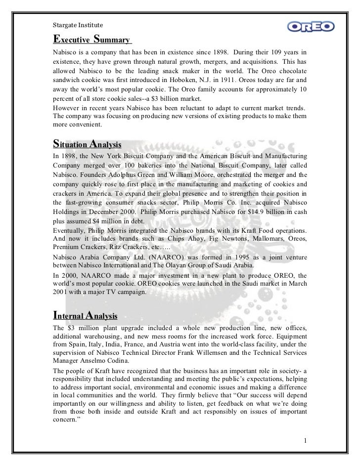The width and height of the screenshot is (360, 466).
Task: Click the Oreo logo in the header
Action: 311,27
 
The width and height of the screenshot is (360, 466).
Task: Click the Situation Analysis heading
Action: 87,145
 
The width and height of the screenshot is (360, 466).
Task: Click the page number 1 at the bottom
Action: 306,441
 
